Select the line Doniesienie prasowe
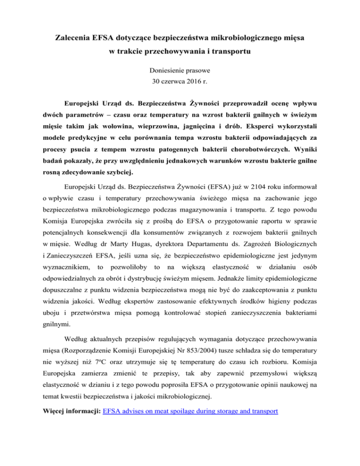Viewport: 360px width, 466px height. pyautogui.click(x=180, y=72)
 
